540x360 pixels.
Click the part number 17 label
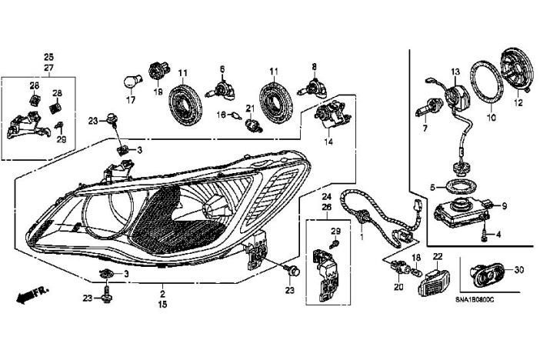(x=130, y=101)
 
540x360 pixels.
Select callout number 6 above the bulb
(x=222, y=68)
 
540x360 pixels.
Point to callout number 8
(x=314, y=67)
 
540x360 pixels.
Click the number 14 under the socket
(x=328, y=142)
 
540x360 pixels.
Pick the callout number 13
(x=455, y=72)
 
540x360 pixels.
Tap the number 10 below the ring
(x=492, y=118)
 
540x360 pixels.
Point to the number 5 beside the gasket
(x=433, y=187)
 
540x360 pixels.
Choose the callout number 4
(x=498, y=233)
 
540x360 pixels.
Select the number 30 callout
(x=518, y=269)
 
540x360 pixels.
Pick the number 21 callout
(x=249, y=107)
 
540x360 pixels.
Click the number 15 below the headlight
(x=162, y=305)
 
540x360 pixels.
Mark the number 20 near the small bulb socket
(x=398, y=287)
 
